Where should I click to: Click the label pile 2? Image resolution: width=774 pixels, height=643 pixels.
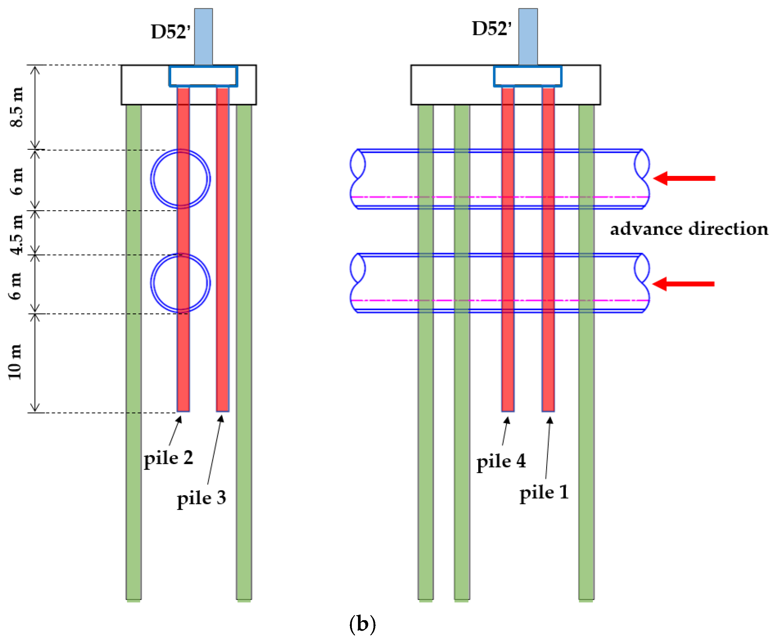click(x=168, y=458)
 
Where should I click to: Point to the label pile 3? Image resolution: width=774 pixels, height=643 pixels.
click(x=201, y=498)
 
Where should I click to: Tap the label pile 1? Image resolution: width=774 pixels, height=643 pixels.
click(x=544, y=493)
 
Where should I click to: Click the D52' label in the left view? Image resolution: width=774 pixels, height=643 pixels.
click(x=171, y=32)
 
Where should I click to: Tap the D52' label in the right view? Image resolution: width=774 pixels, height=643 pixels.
click(x=492, y=29)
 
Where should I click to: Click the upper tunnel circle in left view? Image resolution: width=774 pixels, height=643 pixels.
click(x=180, y=179)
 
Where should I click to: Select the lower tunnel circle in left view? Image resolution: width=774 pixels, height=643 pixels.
click(x=180, y=283)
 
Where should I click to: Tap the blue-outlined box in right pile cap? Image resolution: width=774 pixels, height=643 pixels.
click(x=527, y=76)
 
